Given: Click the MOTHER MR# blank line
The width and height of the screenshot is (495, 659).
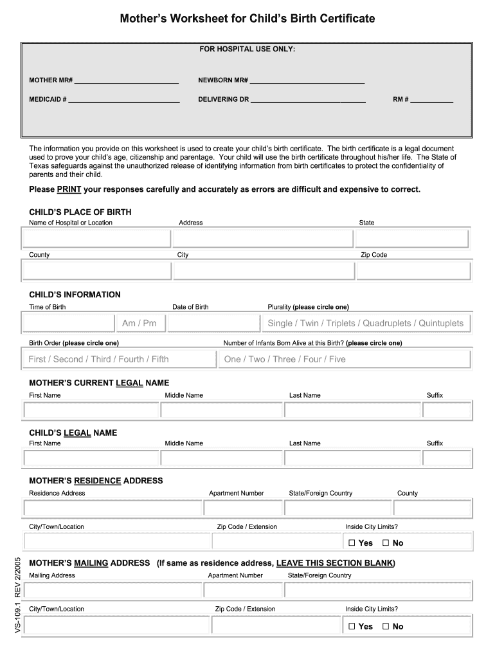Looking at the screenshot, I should [126, 82].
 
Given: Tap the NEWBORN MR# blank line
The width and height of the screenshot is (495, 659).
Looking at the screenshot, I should [307, 82].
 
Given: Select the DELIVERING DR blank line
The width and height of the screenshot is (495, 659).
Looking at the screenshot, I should [308, 101].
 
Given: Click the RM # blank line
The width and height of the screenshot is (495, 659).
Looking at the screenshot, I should [431, 101].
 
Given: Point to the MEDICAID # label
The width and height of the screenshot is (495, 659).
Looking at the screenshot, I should [48, 100].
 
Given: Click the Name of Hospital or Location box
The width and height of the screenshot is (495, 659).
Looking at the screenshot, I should [96, 239].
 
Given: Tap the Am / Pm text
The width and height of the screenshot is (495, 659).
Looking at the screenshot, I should [139, 323].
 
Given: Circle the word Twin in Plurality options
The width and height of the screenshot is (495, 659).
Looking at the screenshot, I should [309, 323].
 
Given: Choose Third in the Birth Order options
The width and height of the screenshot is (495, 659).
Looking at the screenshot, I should [101, 359].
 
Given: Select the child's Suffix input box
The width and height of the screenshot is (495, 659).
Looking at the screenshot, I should [447, 458].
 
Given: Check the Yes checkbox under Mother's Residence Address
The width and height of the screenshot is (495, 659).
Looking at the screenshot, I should [352, 543].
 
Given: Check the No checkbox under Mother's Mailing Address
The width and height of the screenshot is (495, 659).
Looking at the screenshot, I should [386, 626].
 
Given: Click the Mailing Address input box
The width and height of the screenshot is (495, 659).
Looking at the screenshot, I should [112, 590].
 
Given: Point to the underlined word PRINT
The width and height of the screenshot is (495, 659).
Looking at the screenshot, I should [69, 189].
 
